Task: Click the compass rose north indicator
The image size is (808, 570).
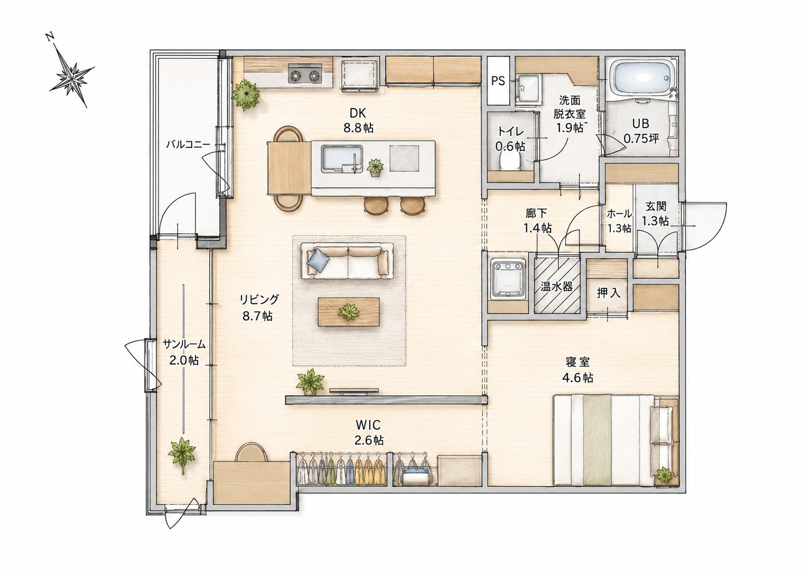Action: [x=72, y=70]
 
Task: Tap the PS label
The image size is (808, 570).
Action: [x=498, y=81]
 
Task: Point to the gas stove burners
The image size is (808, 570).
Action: [x=305, y=76]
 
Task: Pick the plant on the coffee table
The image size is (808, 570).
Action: [x=349, y=311]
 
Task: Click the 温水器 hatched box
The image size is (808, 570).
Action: [x=557, y=286]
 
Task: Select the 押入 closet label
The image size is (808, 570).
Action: [x=609, y=294]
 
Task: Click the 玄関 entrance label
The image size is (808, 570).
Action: [x=655, y=207]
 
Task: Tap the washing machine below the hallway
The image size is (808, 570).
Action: [x=508, y=278]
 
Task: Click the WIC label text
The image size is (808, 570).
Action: [x=368, y=425]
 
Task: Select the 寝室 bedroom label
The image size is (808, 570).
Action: [x=578, y=362]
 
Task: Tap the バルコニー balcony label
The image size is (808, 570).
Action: [x=188, y=145]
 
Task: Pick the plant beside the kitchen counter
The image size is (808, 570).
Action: [x=246, y=95]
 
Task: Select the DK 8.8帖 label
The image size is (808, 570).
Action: [x=358, y=121]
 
